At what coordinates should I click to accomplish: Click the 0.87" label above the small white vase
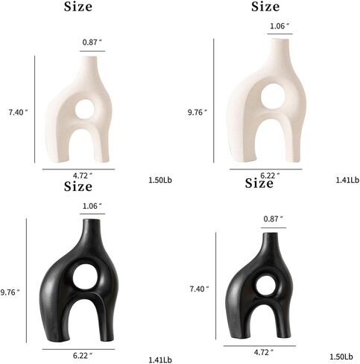tap(92, 43)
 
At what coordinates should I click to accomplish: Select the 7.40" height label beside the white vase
tap(19, 113)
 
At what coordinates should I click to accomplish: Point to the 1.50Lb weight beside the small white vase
tap(160, 180)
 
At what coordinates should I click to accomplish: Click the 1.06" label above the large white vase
tap(280, 26)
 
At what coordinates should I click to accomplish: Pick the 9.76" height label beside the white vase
tap(198, 113)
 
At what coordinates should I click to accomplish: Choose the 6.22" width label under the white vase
tap(270, 175)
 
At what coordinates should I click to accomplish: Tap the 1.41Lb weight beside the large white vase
tap(347, 180)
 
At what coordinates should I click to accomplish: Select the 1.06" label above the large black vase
tap(92, 206)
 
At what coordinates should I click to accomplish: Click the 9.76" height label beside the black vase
tap(10, 292)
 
